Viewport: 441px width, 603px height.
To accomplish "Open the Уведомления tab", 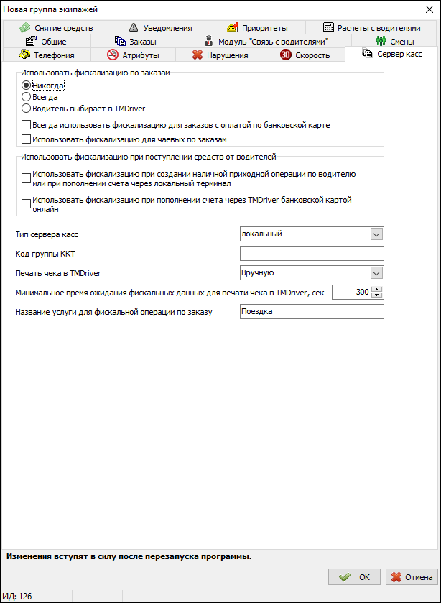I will pos(161,28).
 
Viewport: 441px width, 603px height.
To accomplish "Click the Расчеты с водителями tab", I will pos(372,28).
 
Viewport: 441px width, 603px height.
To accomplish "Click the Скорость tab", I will pos(305,55).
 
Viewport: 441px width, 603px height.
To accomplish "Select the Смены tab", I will pos(394,42).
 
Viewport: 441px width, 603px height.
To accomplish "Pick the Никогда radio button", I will pos(27,86).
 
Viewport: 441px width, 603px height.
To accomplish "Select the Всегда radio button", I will pos(27,97).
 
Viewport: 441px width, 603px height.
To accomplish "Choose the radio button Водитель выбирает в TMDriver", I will pos(27,109).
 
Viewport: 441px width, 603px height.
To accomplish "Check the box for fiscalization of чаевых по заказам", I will pos(27,139).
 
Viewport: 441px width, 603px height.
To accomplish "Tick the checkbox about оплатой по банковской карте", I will pos(27,125).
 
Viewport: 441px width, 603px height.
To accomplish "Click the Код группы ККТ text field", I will pos(312,253).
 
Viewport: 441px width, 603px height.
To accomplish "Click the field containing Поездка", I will pos(312,312).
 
